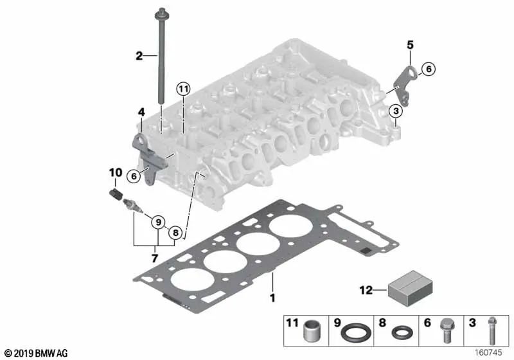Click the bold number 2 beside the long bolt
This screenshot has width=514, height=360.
pos(138,56)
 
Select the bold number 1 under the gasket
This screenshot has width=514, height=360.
pos(272,298)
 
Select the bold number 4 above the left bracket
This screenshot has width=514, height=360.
pos(141,113)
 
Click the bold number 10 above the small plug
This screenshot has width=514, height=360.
pos(115,172)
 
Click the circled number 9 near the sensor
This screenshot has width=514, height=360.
pos(157,223)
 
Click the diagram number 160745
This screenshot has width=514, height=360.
pos(490,353)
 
